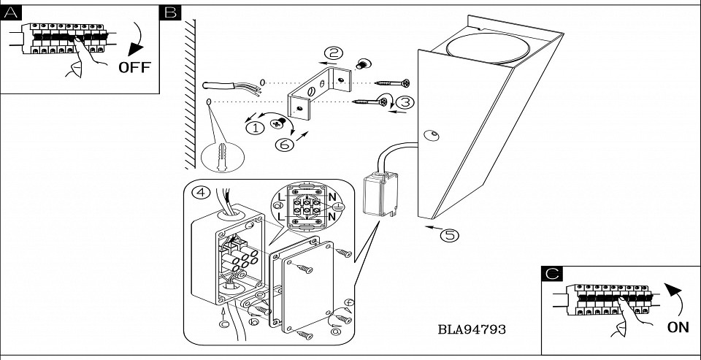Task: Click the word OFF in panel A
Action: [x=134, y=67]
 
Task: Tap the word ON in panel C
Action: [x=678, y=328]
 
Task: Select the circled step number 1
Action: [x=255, y=129]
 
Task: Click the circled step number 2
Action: [x=334, y=53]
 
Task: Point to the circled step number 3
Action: [x=406, y=103]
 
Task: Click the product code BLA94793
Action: [x=472, y=329]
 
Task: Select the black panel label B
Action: [x=170, y=13]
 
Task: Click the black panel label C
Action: [x=553, y=274]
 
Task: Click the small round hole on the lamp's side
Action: [x=431, y=135]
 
